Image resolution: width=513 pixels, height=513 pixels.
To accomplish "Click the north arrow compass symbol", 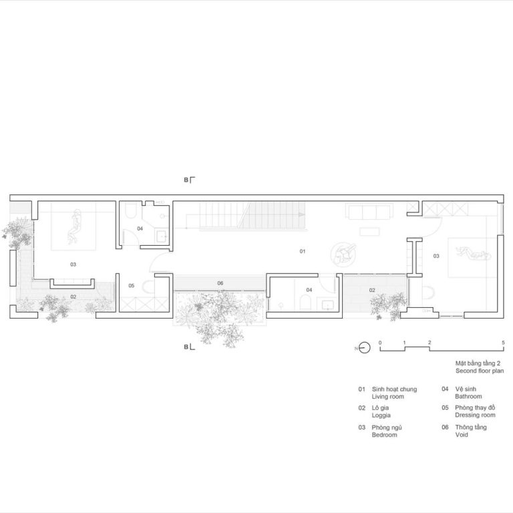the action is coord(364,348).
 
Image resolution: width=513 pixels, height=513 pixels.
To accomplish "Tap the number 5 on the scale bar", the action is coord(503,343).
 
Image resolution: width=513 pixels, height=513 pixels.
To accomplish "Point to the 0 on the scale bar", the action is coord(380,343).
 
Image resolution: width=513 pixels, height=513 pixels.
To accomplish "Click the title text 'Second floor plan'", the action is coord(480,371).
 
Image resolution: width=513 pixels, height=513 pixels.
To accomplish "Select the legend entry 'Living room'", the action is coord(387,397).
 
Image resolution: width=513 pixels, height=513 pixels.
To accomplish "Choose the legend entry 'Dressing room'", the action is coord(475,415).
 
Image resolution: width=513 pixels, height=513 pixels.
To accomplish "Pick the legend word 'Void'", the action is coord(462,435).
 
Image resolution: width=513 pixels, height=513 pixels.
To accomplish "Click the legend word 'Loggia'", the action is coord(381,415).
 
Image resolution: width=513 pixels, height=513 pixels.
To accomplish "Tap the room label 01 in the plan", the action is coord(303,251).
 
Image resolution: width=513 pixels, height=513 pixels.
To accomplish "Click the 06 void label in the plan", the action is coord(220,283).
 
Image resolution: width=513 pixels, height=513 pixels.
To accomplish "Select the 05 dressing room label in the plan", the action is coord(131,286).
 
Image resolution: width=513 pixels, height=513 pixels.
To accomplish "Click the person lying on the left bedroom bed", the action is coord(74,226).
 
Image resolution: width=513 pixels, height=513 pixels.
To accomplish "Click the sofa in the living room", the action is coord(369,211).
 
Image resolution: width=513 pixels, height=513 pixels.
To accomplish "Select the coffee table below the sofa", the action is coord(369,232).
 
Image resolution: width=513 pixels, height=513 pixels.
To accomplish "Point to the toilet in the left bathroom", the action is coord(131,210).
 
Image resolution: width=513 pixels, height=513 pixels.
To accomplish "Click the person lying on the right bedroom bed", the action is coord(474,253).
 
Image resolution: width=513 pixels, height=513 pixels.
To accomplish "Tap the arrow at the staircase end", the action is coord(301,214).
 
